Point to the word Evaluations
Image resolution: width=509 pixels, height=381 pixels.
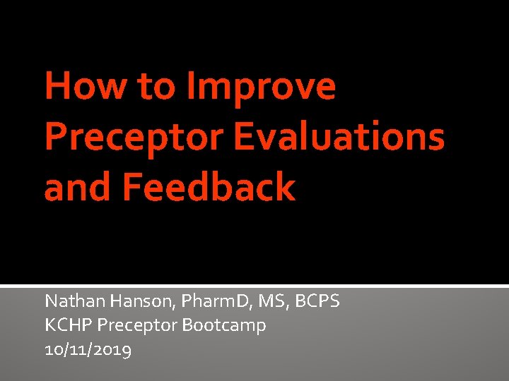(x=339, y=138)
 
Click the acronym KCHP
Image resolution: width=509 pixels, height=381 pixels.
(x=69, y=325)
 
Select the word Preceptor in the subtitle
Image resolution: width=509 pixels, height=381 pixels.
(x=138, y=326)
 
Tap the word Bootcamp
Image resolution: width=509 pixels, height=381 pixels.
(x=224, y=325)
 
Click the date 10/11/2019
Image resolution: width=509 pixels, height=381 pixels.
(x=88, y=349)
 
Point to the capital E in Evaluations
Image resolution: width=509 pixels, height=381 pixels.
(x=244, y=138)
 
